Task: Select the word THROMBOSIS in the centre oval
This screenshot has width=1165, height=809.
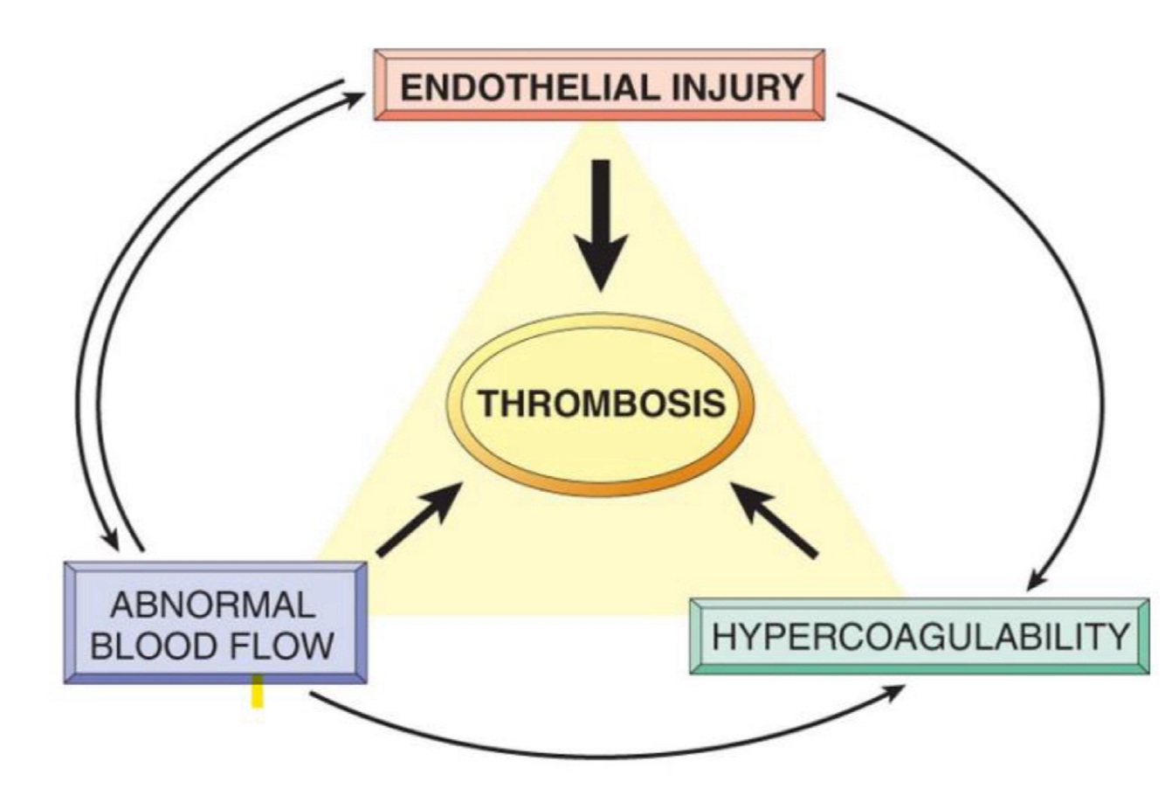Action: click(x=602, y=404)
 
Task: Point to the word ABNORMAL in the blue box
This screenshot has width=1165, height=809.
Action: click(x=213, y=605)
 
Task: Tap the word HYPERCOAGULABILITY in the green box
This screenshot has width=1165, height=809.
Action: click(x=920, y=636)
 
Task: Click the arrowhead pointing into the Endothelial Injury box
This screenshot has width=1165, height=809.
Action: click(x=355, y=99)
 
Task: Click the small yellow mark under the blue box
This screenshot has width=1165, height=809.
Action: click(x=258, y=692)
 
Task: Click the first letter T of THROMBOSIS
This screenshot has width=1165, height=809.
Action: click(x=486, y=404)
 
